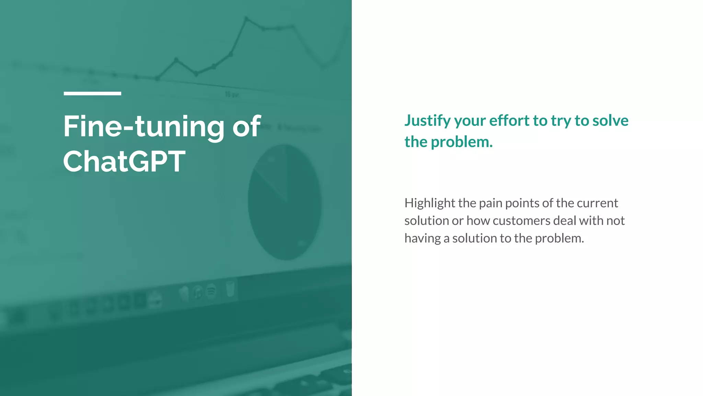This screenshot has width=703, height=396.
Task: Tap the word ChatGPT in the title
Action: (124, 162)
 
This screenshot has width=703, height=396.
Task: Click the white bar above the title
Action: (92, 93)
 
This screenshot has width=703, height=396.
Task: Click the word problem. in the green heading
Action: (462, 142)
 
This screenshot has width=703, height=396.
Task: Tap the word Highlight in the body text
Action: (429, 203)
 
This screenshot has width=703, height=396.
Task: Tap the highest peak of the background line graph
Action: (246, 18)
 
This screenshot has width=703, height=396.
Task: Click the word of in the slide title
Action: (246, 126)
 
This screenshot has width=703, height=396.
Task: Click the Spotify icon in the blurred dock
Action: (211, 291)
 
